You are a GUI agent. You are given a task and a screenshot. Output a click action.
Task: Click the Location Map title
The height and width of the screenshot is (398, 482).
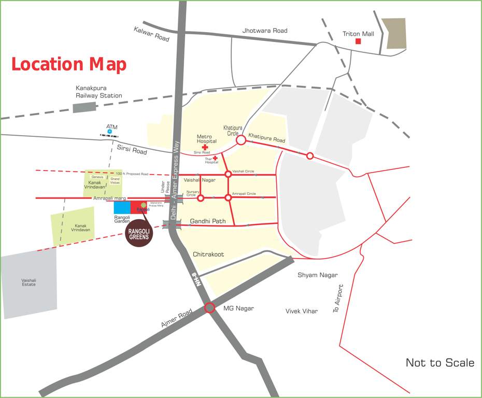point(69,65)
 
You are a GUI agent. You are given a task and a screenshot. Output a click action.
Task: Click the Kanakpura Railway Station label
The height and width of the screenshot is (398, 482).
point(99,92)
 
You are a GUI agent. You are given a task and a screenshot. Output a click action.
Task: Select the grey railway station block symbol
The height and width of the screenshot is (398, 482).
point(84,107)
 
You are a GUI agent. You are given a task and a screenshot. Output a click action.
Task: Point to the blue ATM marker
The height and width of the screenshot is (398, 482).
point(109,132)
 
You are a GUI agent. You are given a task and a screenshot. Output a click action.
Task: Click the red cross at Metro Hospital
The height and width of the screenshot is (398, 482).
point(205,147)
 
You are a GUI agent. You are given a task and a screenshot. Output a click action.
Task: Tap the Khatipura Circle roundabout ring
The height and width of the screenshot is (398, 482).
point(240,139)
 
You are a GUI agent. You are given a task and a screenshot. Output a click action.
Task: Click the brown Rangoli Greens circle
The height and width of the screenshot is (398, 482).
point(139,234)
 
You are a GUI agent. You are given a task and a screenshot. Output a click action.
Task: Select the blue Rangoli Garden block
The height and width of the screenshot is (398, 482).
point(122,207)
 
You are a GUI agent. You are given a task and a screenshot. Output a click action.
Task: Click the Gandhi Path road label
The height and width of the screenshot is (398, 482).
point(208,221)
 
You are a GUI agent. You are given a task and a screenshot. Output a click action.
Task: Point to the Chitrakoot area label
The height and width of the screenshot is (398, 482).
point(208,254)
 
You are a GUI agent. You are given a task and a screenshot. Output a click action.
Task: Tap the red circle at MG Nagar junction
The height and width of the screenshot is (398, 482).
point(209,308)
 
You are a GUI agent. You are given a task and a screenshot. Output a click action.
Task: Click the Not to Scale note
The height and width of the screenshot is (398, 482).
point(440,363)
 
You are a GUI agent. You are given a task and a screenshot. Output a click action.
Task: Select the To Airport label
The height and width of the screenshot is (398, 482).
point(337,298)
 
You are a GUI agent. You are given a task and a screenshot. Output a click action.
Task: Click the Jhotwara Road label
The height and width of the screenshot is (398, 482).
point(264,31)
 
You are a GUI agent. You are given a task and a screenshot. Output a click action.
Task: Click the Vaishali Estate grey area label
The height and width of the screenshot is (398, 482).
point(29,282)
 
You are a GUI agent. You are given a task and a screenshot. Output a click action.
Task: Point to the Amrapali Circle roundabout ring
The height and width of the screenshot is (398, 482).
point(228,197)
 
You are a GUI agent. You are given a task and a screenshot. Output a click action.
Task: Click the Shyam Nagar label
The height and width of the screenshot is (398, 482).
point(317,275)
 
